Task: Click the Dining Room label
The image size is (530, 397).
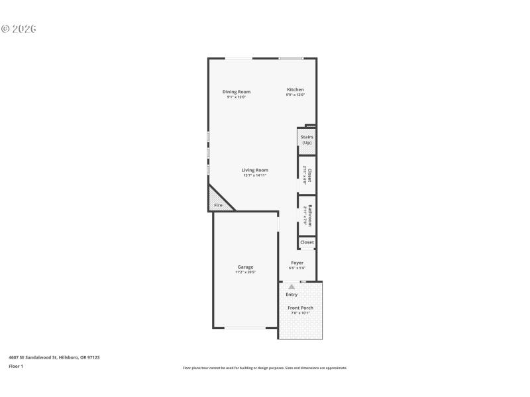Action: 236,91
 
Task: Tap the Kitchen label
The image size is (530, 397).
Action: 295,89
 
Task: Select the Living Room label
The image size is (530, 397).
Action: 254,170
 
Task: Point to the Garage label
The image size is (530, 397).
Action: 245,267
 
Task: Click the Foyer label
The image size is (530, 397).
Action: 297,263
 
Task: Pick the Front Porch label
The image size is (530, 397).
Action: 300,308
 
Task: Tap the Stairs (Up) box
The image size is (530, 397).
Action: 307,140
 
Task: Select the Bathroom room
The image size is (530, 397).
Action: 307,216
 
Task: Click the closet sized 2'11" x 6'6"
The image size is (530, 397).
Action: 307,175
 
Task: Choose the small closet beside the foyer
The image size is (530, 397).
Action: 307,242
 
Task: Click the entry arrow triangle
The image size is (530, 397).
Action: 291,287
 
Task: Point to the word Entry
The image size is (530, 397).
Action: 291,294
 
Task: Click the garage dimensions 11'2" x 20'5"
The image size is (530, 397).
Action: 245,272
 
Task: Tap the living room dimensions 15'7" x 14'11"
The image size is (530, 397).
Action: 254,175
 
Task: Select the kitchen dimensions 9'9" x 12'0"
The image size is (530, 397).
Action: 295,95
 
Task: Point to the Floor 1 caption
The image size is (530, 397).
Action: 16,366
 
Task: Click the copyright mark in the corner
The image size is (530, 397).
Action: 19,29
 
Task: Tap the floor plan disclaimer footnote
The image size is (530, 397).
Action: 264,368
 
